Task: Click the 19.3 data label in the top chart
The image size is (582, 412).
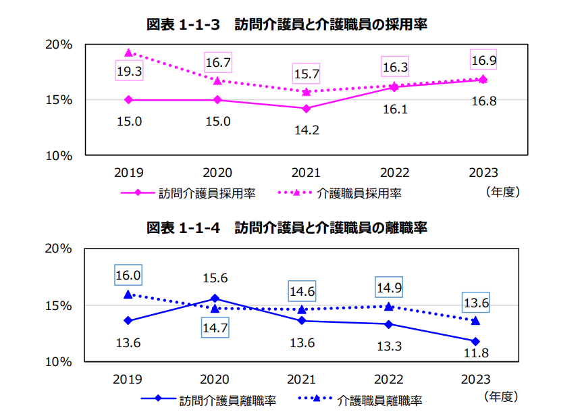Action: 128,70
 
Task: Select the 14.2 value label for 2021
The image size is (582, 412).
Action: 307,130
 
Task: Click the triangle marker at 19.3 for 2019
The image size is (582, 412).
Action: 128,53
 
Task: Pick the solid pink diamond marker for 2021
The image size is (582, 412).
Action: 307,109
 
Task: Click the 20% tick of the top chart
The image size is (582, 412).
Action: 59,45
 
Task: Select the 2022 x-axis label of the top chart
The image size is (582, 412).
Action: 395,173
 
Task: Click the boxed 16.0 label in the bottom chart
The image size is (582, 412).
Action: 128,276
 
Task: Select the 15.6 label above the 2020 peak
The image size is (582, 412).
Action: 215,278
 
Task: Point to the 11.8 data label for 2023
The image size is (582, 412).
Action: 475,353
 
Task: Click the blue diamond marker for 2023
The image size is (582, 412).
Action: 475,341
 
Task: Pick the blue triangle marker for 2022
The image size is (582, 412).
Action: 389,306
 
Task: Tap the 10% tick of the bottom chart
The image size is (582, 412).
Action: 59,362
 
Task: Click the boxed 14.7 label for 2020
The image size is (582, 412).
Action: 215,329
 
